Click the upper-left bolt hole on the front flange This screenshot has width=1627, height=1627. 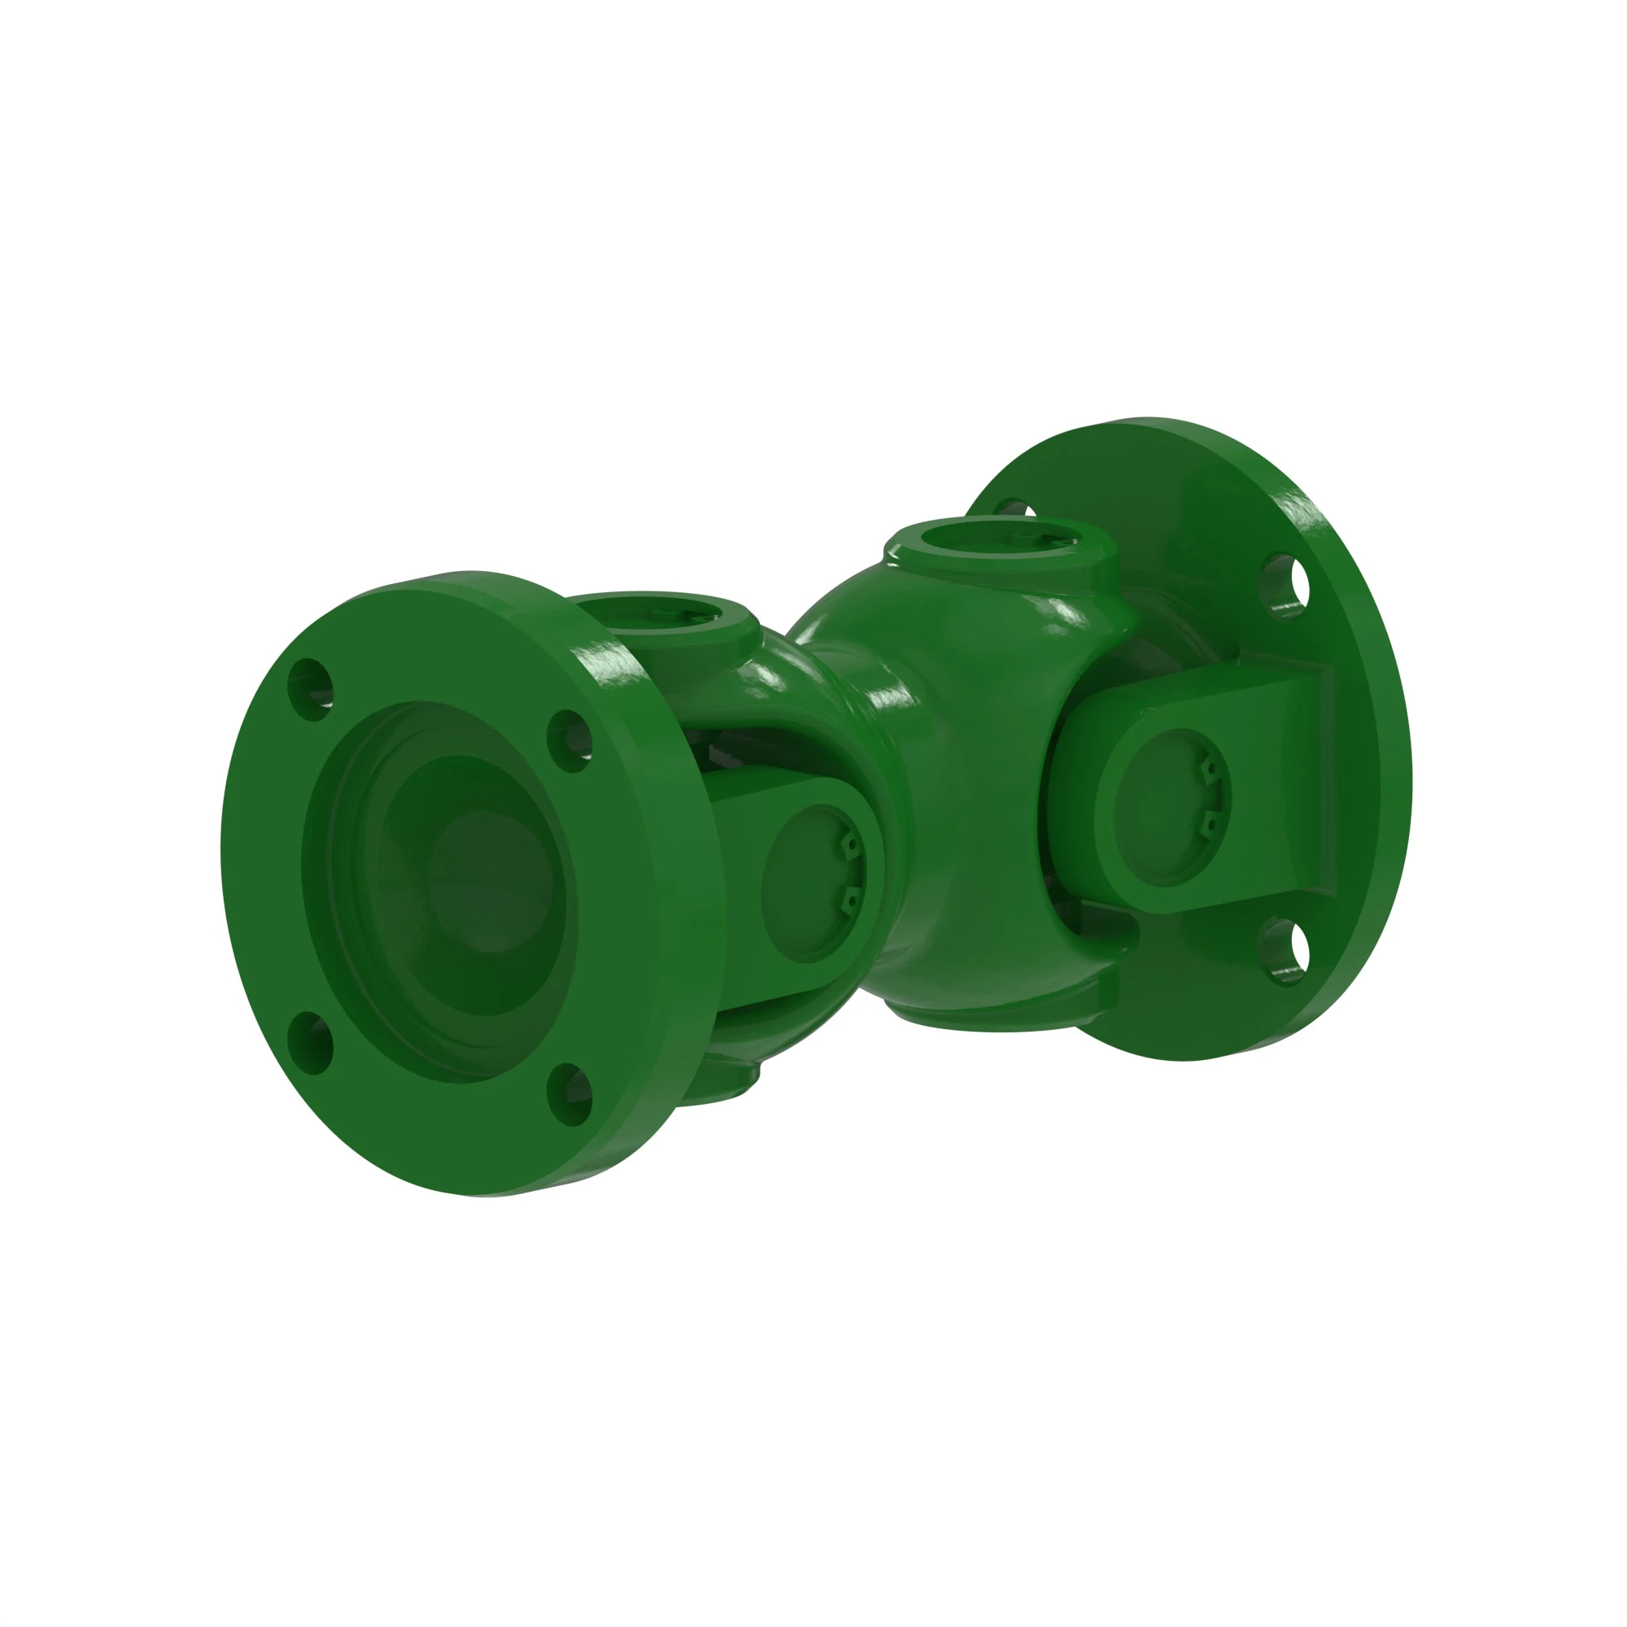[310, 690]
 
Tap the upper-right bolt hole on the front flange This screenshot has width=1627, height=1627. [569, 741]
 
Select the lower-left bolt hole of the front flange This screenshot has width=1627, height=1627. [310, 1043]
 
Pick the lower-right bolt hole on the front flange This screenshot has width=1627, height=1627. [569, 1095]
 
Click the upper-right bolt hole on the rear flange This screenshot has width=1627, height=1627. [1285, 585]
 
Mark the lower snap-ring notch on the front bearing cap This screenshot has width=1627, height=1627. [850, 902]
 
